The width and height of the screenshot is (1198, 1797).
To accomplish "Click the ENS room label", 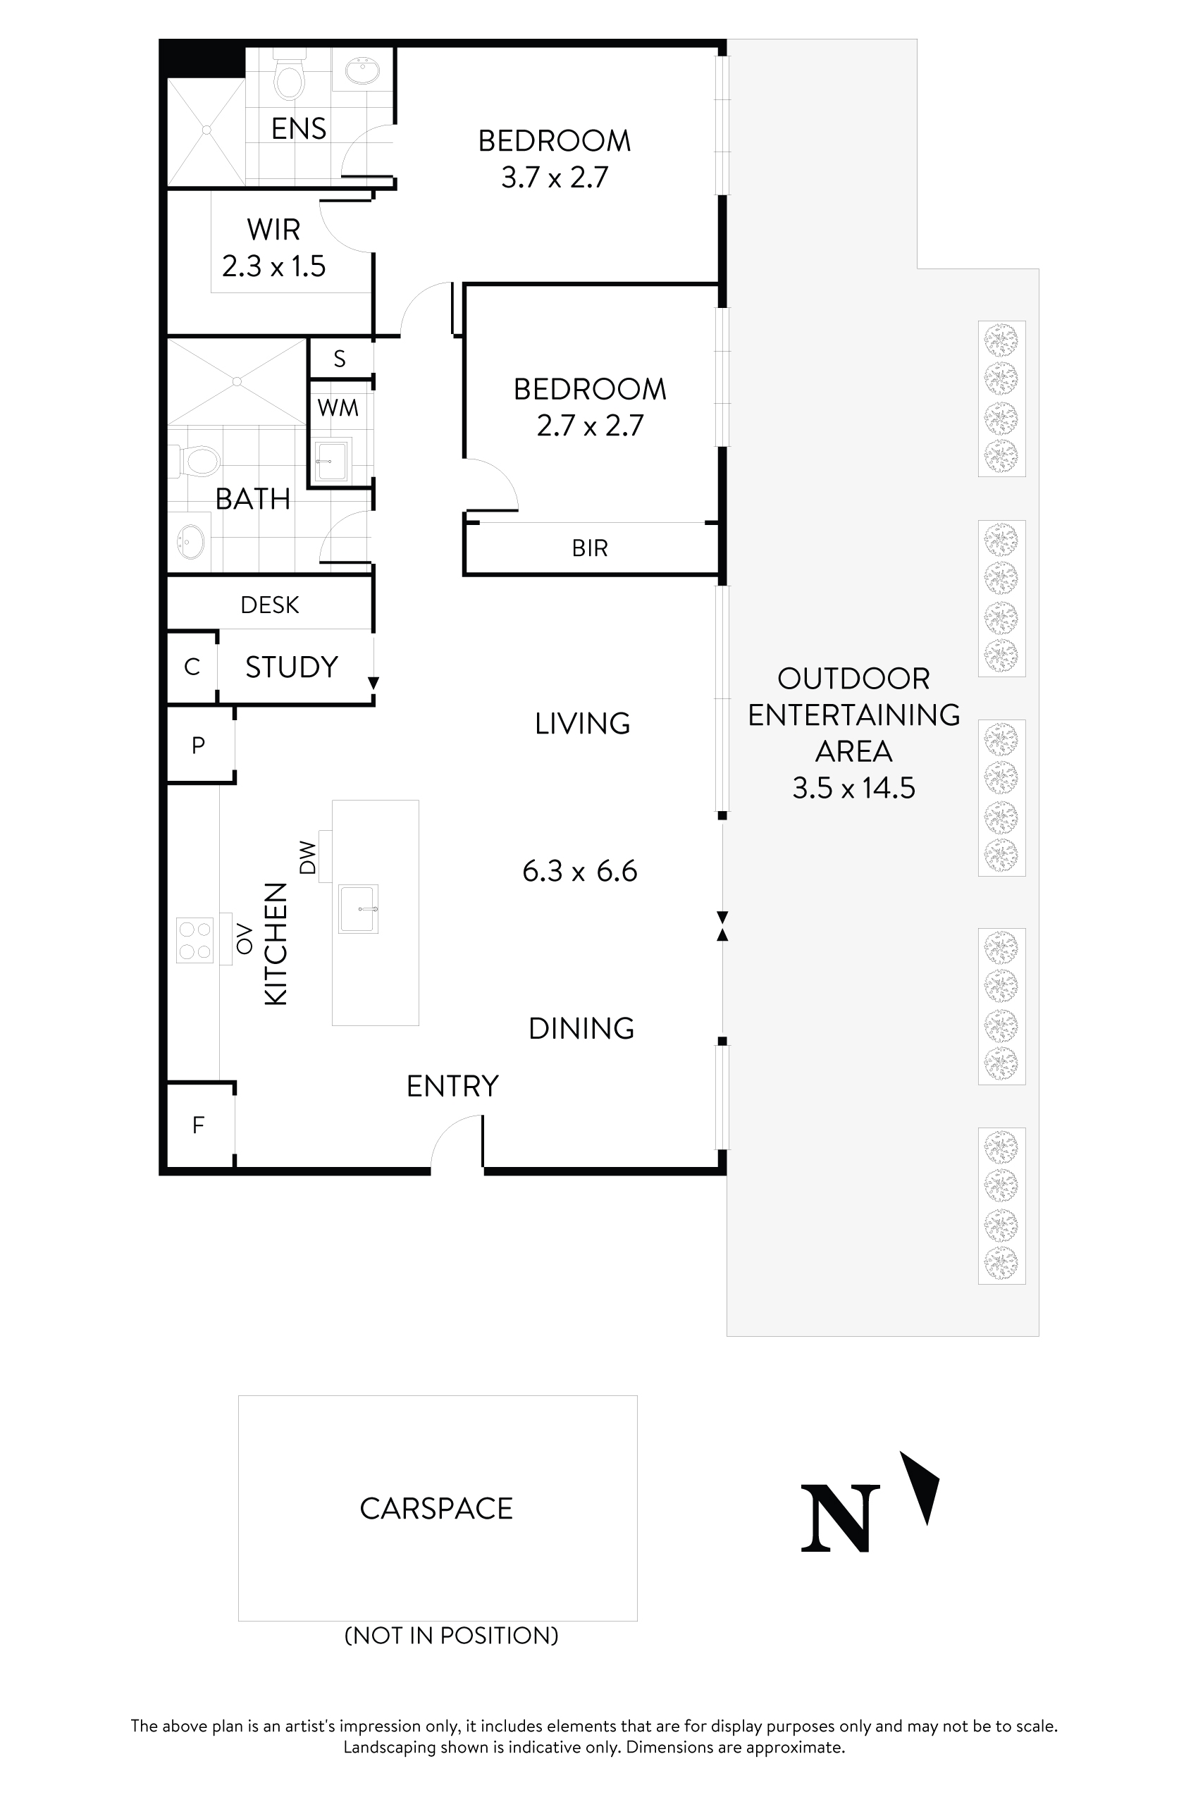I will click(298, 128).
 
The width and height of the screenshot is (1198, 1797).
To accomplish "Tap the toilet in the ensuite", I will click(289, 78).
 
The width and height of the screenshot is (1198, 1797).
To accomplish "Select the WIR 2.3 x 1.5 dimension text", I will click(273, 266).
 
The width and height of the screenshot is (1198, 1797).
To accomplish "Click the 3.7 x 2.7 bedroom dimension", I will click(555, 178).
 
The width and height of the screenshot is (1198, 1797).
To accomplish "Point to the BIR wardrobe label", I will click(589, 548).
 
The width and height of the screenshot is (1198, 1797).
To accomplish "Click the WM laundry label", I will click(338, 408).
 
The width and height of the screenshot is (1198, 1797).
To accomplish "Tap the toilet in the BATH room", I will click(199, 461).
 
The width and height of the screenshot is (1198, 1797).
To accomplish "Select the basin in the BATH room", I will click(191, 541).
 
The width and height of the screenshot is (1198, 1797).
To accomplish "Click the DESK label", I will click(269, 605).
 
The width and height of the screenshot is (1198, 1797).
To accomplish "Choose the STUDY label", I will click(291, 667).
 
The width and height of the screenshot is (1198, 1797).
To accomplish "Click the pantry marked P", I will click(199, 745).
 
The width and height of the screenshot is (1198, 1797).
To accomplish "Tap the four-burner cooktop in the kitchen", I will click(194, 941).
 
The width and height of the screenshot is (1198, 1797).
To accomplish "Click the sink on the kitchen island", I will click(357, 908).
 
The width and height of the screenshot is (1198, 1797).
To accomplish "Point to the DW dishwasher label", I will click(307, 857).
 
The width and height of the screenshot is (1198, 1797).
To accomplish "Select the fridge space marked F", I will click(199, 1125).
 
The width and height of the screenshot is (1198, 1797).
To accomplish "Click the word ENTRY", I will click(452, 1086).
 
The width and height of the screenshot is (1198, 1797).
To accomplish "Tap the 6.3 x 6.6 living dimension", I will click(579, 871).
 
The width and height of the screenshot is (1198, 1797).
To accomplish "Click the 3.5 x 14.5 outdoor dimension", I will click(853, 788).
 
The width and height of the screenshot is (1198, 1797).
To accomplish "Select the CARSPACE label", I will click(436, 1508).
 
